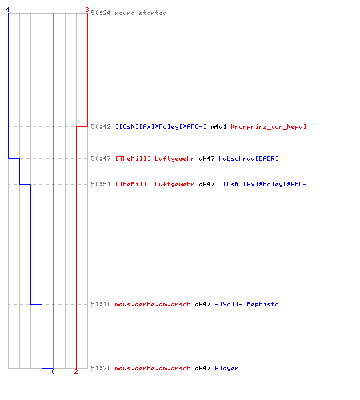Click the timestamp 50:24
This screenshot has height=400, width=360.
point(101,13)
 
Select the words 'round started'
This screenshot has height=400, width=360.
point(141,13)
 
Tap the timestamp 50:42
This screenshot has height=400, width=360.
point(101,126)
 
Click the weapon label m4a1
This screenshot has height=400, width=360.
point(218,126)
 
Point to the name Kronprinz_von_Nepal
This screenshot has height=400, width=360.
point(269,126)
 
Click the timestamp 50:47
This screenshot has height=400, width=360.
point(101,158)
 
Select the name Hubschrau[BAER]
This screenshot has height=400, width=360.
point(249,158)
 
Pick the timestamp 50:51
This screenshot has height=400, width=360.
point(101,184)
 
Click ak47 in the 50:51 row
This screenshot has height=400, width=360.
point(206,184)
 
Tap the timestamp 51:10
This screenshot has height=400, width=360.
point(101,304)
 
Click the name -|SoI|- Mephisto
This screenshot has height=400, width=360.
point(246,304)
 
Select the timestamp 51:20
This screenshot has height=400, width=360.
point(101,368)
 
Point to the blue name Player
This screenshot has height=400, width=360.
point(226,368)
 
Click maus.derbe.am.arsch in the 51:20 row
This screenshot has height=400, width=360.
point(153,368)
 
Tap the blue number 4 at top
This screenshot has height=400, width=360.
point(8,10)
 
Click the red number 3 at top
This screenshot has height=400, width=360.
point(87,10)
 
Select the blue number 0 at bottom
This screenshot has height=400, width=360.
point(53,371)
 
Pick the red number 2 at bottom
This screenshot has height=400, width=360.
point(76,371)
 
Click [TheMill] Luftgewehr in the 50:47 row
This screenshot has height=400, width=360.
point(154,158)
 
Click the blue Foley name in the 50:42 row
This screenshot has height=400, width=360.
point(161,126)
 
